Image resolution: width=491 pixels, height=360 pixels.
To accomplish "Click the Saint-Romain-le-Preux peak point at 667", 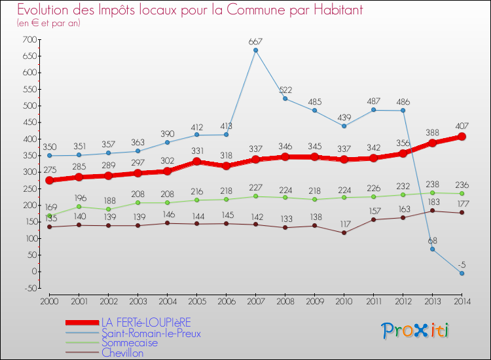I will [255, 50].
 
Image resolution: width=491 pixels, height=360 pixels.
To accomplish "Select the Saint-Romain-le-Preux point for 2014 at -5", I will [462, 273].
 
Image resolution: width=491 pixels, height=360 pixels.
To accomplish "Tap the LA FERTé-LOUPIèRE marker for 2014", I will [462, 136].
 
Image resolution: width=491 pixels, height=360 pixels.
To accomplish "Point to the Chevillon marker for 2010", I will [344, 232].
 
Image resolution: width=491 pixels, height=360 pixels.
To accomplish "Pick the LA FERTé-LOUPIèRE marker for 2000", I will [49, 180].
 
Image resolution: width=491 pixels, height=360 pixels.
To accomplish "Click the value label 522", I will [285, 90].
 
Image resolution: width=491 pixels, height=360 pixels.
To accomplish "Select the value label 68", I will [432, 240].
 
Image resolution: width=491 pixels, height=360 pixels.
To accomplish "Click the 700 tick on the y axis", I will [29, 40].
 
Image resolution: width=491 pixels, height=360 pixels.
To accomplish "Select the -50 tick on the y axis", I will [29, 288].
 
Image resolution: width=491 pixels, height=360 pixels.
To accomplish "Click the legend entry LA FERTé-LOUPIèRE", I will [145, 323].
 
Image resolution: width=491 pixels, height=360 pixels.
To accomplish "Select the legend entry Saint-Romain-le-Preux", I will [151, 333].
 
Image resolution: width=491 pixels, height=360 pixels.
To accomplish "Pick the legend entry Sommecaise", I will [129, 342].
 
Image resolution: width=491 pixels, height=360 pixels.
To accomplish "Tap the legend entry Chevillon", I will [122, 353].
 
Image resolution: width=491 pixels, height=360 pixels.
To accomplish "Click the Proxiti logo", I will [416, 331].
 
